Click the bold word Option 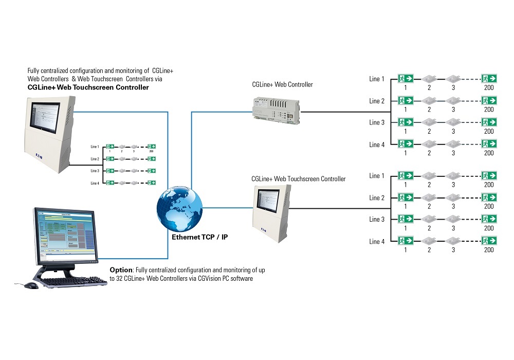[121, 269]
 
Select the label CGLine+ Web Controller [282, 84]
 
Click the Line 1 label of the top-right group [377, 79]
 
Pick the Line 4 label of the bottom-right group [377, 242]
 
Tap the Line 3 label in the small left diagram [95, 171]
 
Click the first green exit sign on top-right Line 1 [406, 79]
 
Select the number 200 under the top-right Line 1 [489, 87]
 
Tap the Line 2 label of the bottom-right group [377, 198]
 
